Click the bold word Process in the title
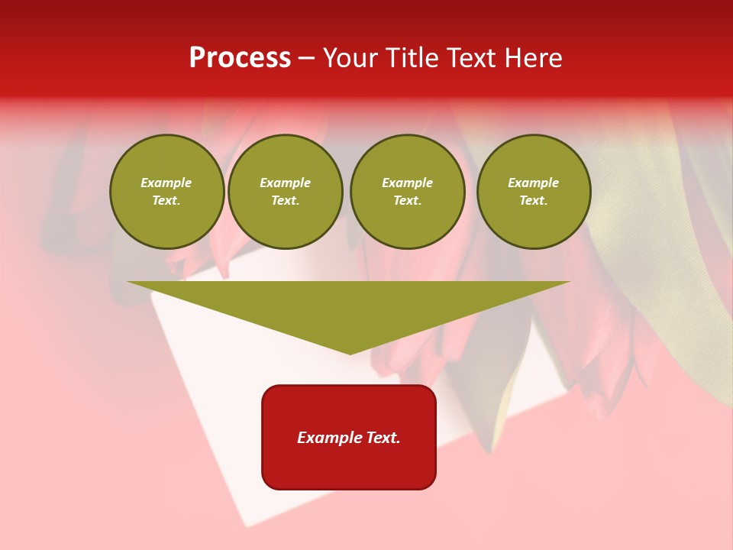(240, 58)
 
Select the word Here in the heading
(531, 58)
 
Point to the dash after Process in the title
(306, 58)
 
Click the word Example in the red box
(328, 438)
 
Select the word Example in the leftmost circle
(166, 183)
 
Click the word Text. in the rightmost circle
(534, 200)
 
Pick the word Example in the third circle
(408, 183)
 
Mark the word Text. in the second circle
(286, 200)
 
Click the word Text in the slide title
(470, 58)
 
